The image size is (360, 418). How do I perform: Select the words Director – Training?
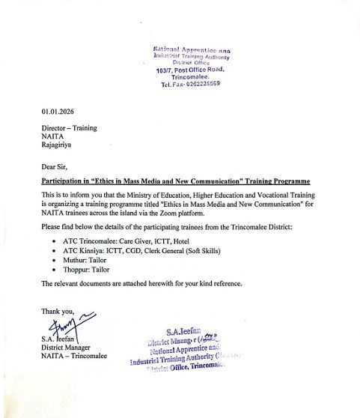coord(69,128)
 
